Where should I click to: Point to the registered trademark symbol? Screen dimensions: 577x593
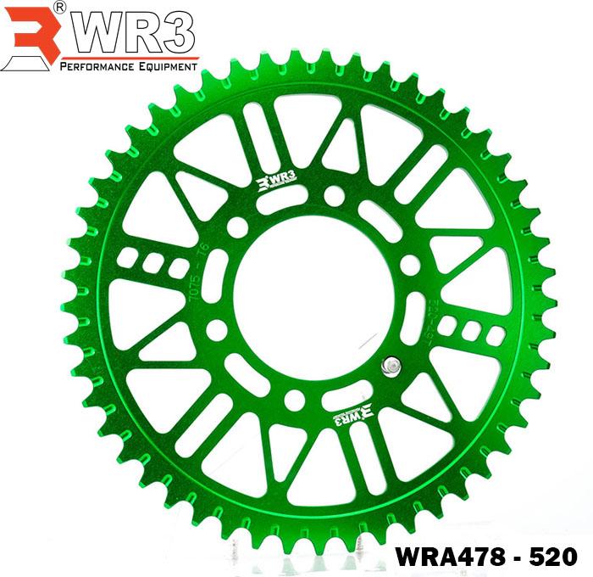click(59, 7)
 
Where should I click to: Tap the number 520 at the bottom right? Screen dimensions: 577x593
click(554, 557)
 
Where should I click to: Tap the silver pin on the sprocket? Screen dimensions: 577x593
click(391, 366)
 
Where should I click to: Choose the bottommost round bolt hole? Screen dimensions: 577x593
click(294, 399)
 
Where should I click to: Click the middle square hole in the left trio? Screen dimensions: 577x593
click(152, 262)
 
